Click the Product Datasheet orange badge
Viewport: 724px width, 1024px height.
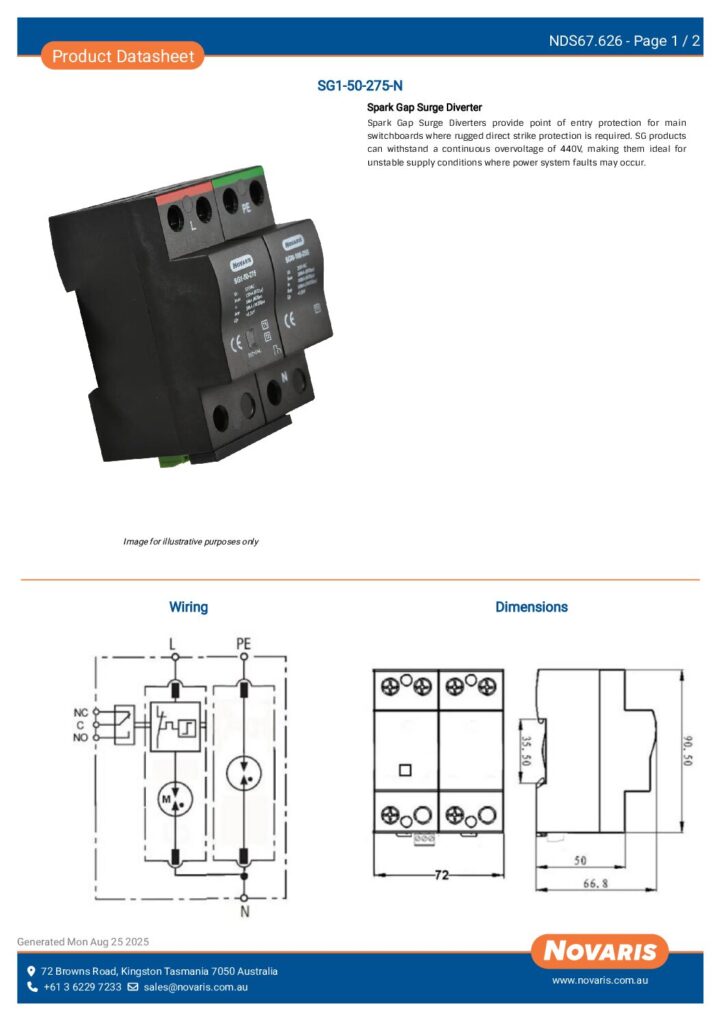(123, 56)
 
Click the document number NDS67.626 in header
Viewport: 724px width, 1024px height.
(586, 41)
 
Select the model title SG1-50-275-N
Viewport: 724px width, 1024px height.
(360, 87)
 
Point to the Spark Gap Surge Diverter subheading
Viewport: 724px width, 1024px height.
(424, 107)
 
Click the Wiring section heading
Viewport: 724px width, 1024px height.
(188, 607)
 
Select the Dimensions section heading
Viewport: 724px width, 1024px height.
(531, 607)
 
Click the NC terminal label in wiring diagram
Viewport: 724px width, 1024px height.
(81, 712)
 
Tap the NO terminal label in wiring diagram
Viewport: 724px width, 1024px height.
(81, 737)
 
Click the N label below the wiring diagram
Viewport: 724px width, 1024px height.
(244, 912)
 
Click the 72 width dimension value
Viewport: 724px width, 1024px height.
(440, 874)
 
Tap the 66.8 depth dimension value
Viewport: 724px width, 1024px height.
(596, 883)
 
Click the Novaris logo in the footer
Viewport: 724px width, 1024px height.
(600, 951)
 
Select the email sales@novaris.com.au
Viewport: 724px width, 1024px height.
(195, 987)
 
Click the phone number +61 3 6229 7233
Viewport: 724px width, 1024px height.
(82, 987)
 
